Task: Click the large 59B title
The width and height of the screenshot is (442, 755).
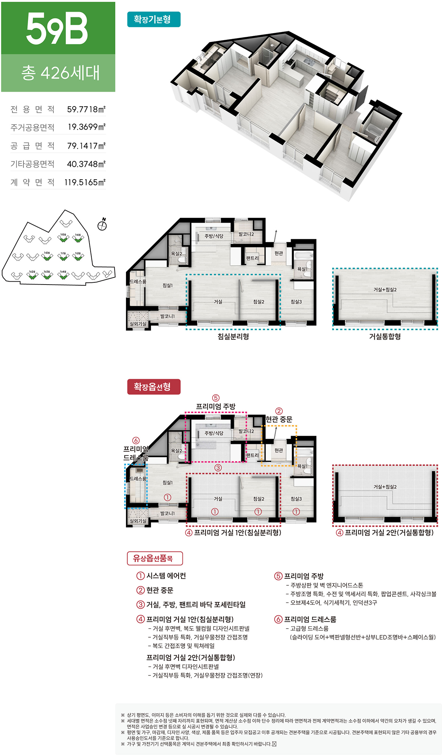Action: [x=57, y=29]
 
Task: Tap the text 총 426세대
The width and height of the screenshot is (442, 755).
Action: [x=60, y=73]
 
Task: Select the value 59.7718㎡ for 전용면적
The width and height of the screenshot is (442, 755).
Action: [x=86, y=109]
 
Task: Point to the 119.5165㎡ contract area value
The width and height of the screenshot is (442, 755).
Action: [x=85, y=182]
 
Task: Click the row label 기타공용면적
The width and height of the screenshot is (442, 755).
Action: [x=32, y=164]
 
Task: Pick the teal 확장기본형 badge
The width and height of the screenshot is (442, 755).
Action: [x=154, y=20]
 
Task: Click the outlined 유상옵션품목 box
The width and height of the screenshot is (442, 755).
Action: [x=155, y=558]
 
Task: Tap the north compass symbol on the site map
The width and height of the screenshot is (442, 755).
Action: [x=102, y=225]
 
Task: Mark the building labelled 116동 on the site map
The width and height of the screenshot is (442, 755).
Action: [x=78, y=239]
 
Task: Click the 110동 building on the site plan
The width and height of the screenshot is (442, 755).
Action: [x=47, y=257]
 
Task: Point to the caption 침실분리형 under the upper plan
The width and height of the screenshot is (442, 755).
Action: [x=233, y=336]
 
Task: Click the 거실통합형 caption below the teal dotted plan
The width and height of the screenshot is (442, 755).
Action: [x=385, y=336]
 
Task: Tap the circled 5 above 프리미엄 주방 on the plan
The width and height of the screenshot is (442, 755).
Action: [x=216, y=398]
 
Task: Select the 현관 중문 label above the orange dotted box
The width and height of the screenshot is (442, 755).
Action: [x=279, y=419]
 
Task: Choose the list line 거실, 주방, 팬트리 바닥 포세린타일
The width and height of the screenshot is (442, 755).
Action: [x=192, y=604]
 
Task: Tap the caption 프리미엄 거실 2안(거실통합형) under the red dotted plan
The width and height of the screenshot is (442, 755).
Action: [x=385, y=533]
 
